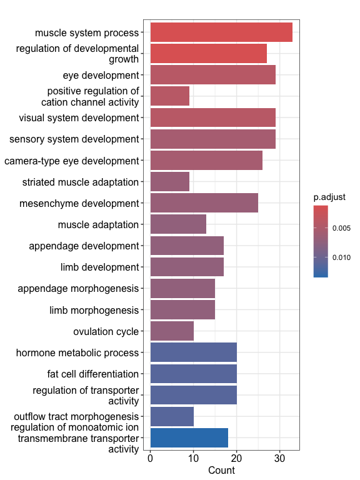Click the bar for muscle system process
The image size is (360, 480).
221,32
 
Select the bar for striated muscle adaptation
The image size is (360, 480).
170,181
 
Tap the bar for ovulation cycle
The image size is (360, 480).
172,331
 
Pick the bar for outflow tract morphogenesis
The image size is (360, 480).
172,416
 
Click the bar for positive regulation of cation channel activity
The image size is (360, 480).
170,96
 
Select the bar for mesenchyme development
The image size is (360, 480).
204,203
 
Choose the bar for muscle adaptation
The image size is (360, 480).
179,224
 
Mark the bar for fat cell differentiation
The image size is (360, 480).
194,374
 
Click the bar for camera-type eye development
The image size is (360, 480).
206,160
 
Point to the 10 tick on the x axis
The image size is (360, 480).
194,451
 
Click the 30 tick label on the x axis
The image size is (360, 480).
279,458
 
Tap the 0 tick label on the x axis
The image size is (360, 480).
150,458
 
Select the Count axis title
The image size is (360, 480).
221,470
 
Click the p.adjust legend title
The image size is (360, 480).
329,197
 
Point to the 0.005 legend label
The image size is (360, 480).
341,228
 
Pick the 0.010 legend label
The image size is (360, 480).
341,257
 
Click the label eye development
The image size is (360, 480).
101,75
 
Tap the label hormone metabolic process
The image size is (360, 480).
77,352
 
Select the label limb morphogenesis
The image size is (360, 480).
94,310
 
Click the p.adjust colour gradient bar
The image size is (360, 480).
321,241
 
